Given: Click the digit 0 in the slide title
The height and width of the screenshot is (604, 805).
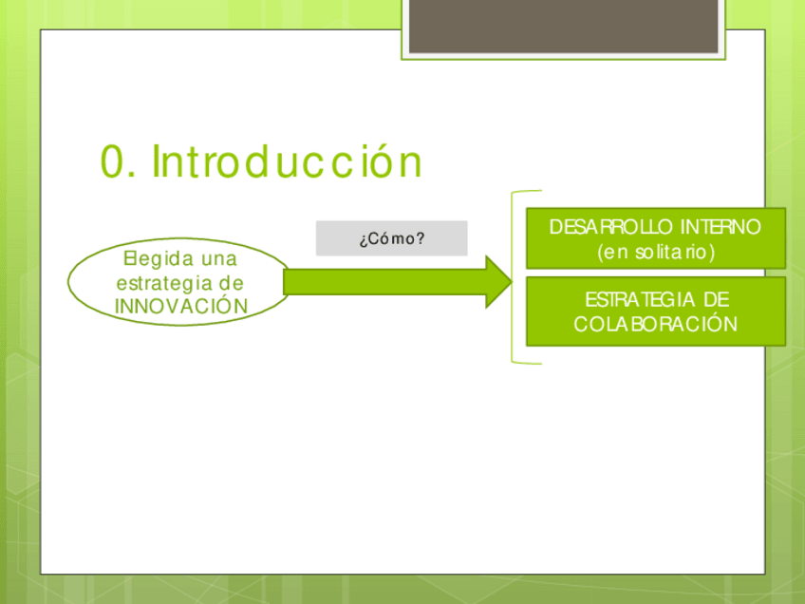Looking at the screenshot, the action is click(x=112, y=161).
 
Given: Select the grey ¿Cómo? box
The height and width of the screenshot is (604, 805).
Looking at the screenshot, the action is click(x=392, y=238).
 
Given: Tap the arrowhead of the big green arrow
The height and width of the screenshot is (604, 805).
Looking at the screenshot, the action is click(x=498, y=281).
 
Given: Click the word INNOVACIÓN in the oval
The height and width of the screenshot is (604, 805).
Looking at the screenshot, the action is click(x=181, y=306).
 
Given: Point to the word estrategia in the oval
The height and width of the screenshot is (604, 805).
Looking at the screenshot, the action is click(x=164, y=284).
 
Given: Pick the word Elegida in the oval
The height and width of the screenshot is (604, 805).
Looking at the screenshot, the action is click(x=159, y=259).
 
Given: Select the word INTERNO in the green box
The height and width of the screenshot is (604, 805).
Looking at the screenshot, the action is click(x=721, y=227).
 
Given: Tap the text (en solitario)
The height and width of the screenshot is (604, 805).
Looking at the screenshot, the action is click(x=656, y=253).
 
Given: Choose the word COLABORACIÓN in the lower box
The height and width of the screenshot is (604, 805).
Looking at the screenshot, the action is click(x=656, y=324).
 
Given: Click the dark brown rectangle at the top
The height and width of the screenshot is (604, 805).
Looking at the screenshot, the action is click(x=563, y=26).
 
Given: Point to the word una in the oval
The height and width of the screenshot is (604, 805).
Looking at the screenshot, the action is click(x=219, y=259).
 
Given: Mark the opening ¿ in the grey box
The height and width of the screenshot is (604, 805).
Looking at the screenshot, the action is click(x=363, y=239).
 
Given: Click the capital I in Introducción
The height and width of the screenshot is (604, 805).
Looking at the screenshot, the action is click(x=156, y=161).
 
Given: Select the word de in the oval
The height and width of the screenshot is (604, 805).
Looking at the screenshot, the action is click(x=231, y=282).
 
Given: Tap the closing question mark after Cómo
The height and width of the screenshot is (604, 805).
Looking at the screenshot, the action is click(x=421, y=237).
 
